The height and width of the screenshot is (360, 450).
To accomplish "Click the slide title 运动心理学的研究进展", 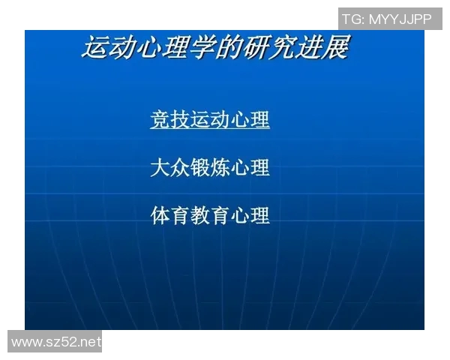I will point(215,49).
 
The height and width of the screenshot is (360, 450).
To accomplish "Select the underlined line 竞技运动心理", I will point(210,119).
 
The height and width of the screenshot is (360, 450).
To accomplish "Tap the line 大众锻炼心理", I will point(210,167).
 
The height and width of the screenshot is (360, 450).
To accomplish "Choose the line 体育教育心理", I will point(210,216).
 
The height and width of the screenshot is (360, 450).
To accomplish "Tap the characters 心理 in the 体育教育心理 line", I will point(250,216).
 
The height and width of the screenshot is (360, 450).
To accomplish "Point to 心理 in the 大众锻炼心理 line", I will point(250,167).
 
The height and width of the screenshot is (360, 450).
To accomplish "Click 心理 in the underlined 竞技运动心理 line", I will point(250,119).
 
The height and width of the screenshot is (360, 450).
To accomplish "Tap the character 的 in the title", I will point(232,49).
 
